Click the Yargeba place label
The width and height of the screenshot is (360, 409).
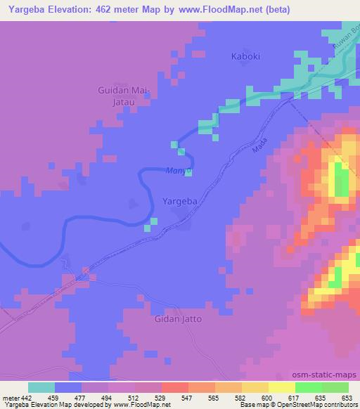(x=184, y=201)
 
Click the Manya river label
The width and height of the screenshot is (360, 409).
(x=175, y=170)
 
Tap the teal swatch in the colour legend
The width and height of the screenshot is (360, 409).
(x=41, y=387)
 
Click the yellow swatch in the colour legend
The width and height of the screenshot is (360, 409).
(x=282, y=387)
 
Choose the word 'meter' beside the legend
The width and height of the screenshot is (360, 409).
(x=13, y=398)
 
